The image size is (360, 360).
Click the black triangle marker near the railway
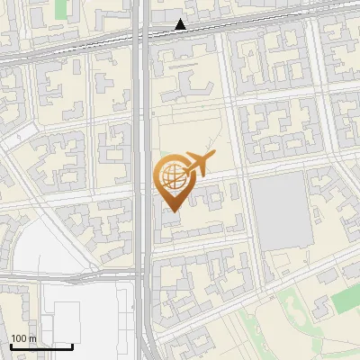click(x=181, y=24)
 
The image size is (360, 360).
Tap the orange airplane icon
click(x=198, y=164)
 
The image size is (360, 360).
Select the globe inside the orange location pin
click(x=171, y=175)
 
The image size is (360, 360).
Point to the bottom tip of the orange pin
click(x=171, y=211)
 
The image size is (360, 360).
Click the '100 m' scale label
click(x=22, y=337)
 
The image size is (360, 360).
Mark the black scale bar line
click(x=41, y=346)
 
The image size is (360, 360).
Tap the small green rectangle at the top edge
click(x=61, y=8)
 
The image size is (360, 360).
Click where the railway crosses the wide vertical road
click(x=143, y=37)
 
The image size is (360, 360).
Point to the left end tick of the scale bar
click(x=11, y=346)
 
